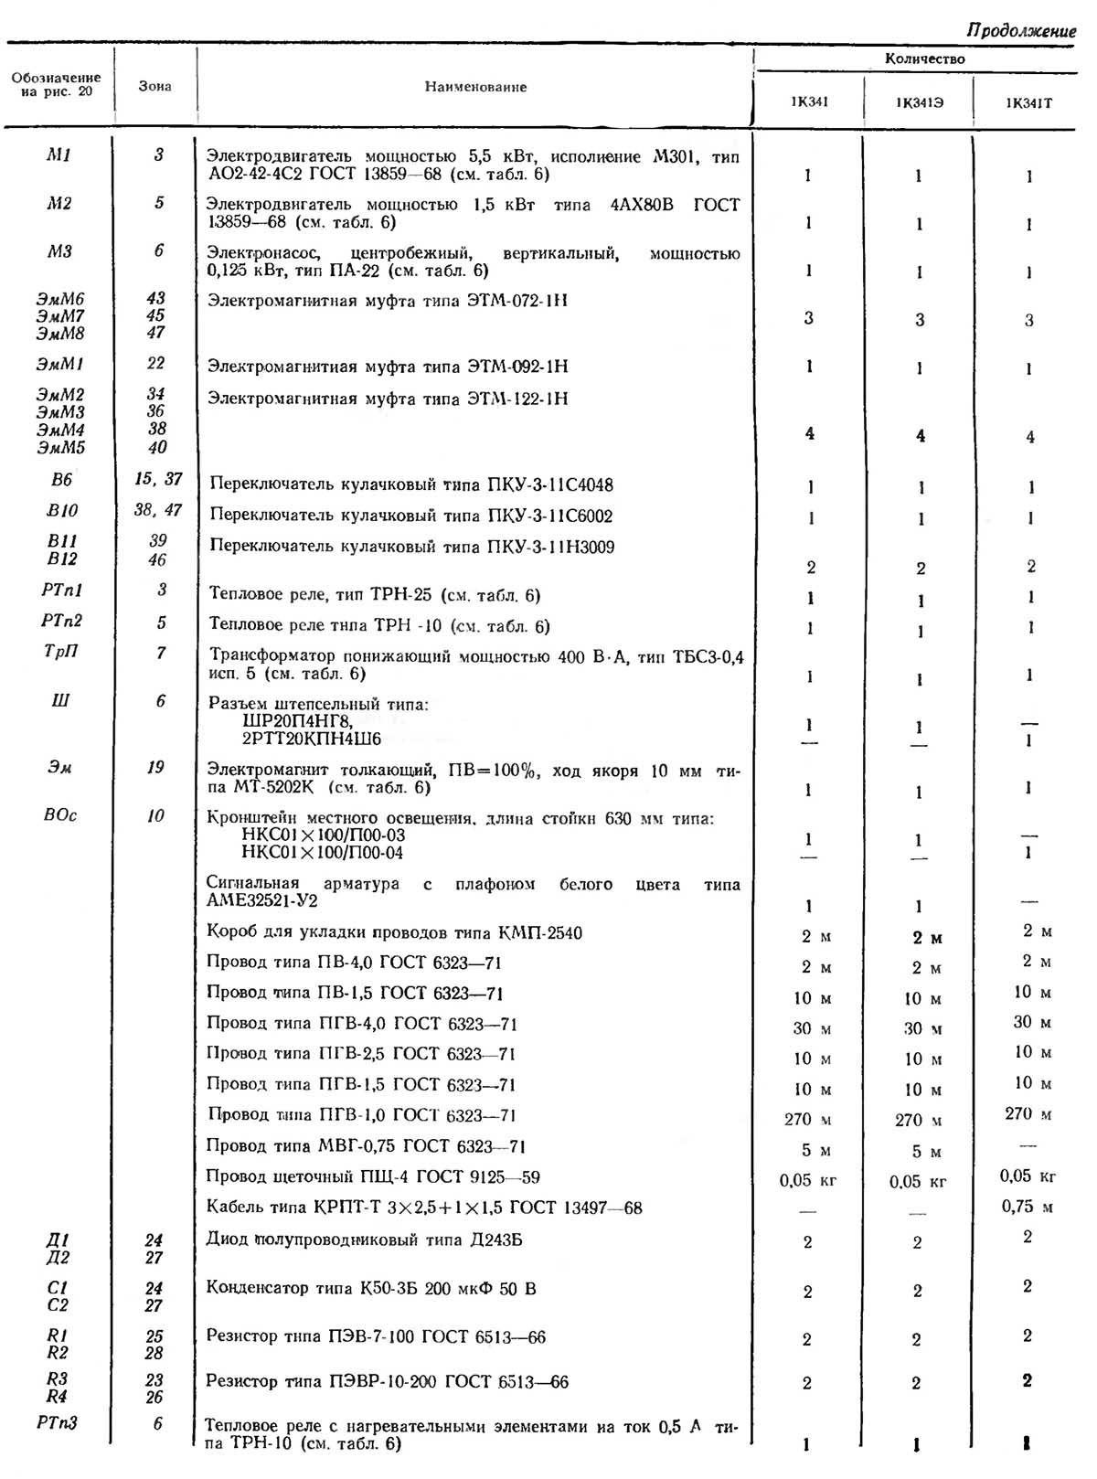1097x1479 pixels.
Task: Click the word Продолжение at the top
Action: pyautogui.click(x=1020, y=30)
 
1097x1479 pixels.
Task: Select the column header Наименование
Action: pyautogui.click(x=475, y=87)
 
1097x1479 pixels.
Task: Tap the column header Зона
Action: pyautogui.click(x=154, y=86)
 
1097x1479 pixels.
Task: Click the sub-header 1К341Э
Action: pyautogui.click(x=919, y=102)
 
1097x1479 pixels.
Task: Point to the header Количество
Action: pyautogui.click(x=924, y=59)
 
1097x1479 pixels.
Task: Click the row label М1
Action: pyautogui.click(x=59, y=154)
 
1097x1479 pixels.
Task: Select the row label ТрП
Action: pyautogui.click(x=61, y=652)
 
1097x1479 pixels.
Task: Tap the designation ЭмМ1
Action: pyautogui.click(x=60, y=364)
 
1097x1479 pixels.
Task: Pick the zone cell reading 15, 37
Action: pyautogui.click(x=158, y=479)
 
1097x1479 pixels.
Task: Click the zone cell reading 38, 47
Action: pyautogui.click(x=158, y=510)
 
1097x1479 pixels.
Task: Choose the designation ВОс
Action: pyautogui.click(x=60, y=815)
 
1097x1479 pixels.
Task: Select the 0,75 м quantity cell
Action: pyautogui.click(x=1027, y=1207)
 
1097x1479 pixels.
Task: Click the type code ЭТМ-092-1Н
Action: pyautogui.click(x=517, y=367)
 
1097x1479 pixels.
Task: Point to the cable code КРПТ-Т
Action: pyautogui.click(x=346, y=1208)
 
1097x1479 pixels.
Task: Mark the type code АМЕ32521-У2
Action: pyautogui.click(x=262, y=900)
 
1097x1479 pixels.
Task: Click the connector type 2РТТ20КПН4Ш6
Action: pyautogui.click(x=312, y=738)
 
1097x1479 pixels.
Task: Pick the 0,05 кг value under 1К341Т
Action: pyautogui.click(x=1028, y=1176)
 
